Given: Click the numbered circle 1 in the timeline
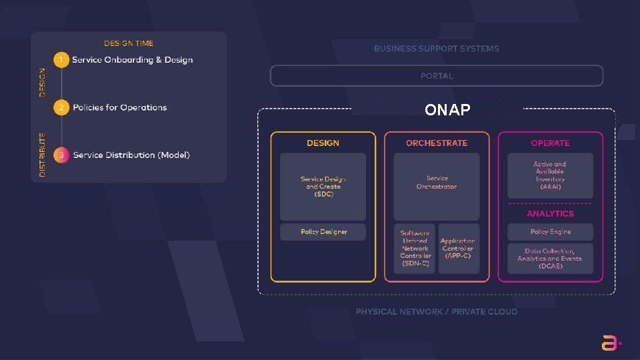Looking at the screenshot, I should pyautogui.click(x=61, y=60).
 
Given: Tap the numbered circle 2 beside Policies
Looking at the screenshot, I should pyautogui.click(x=61, y=107).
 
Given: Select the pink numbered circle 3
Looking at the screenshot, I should pyautogui.click(x=61, y=155).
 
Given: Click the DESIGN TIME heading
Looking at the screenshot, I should pyautogui.click(x=129, y=43).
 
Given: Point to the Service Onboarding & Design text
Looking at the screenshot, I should pyautogui.click(x=133, y=60).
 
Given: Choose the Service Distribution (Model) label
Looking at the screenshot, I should pyautogui.click(x=131, y=155).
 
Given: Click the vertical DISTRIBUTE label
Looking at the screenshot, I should pyautogui.click(x=43, y=155).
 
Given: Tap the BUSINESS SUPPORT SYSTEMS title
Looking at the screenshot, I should pyautogui.click(x=437, y=49).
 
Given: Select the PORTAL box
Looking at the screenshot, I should pyautogui.click(x=437, y=76).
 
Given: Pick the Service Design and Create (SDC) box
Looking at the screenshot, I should pyautogui.click(x=323, y=187).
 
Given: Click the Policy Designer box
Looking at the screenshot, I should pyautogui.click(x=323, y=232).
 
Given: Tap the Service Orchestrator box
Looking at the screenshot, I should pyautogui.click(x=437, y=187).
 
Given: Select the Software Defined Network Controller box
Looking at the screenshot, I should pyautogui.click(x=415, y=249).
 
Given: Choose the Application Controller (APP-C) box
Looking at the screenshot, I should pyautogui.click(x=458, y=249).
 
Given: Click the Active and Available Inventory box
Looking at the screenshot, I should pyautogui.click(x=550, y=175).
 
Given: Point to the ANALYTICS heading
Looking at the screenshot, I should pyautogui.click(x=550, y=214).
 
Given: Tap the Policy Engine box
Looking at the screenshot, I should pyautogui.click(x=550, y=232).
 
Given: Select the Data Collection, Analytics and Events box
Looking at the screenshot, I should pyautogui.click(x=550, y=259).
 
